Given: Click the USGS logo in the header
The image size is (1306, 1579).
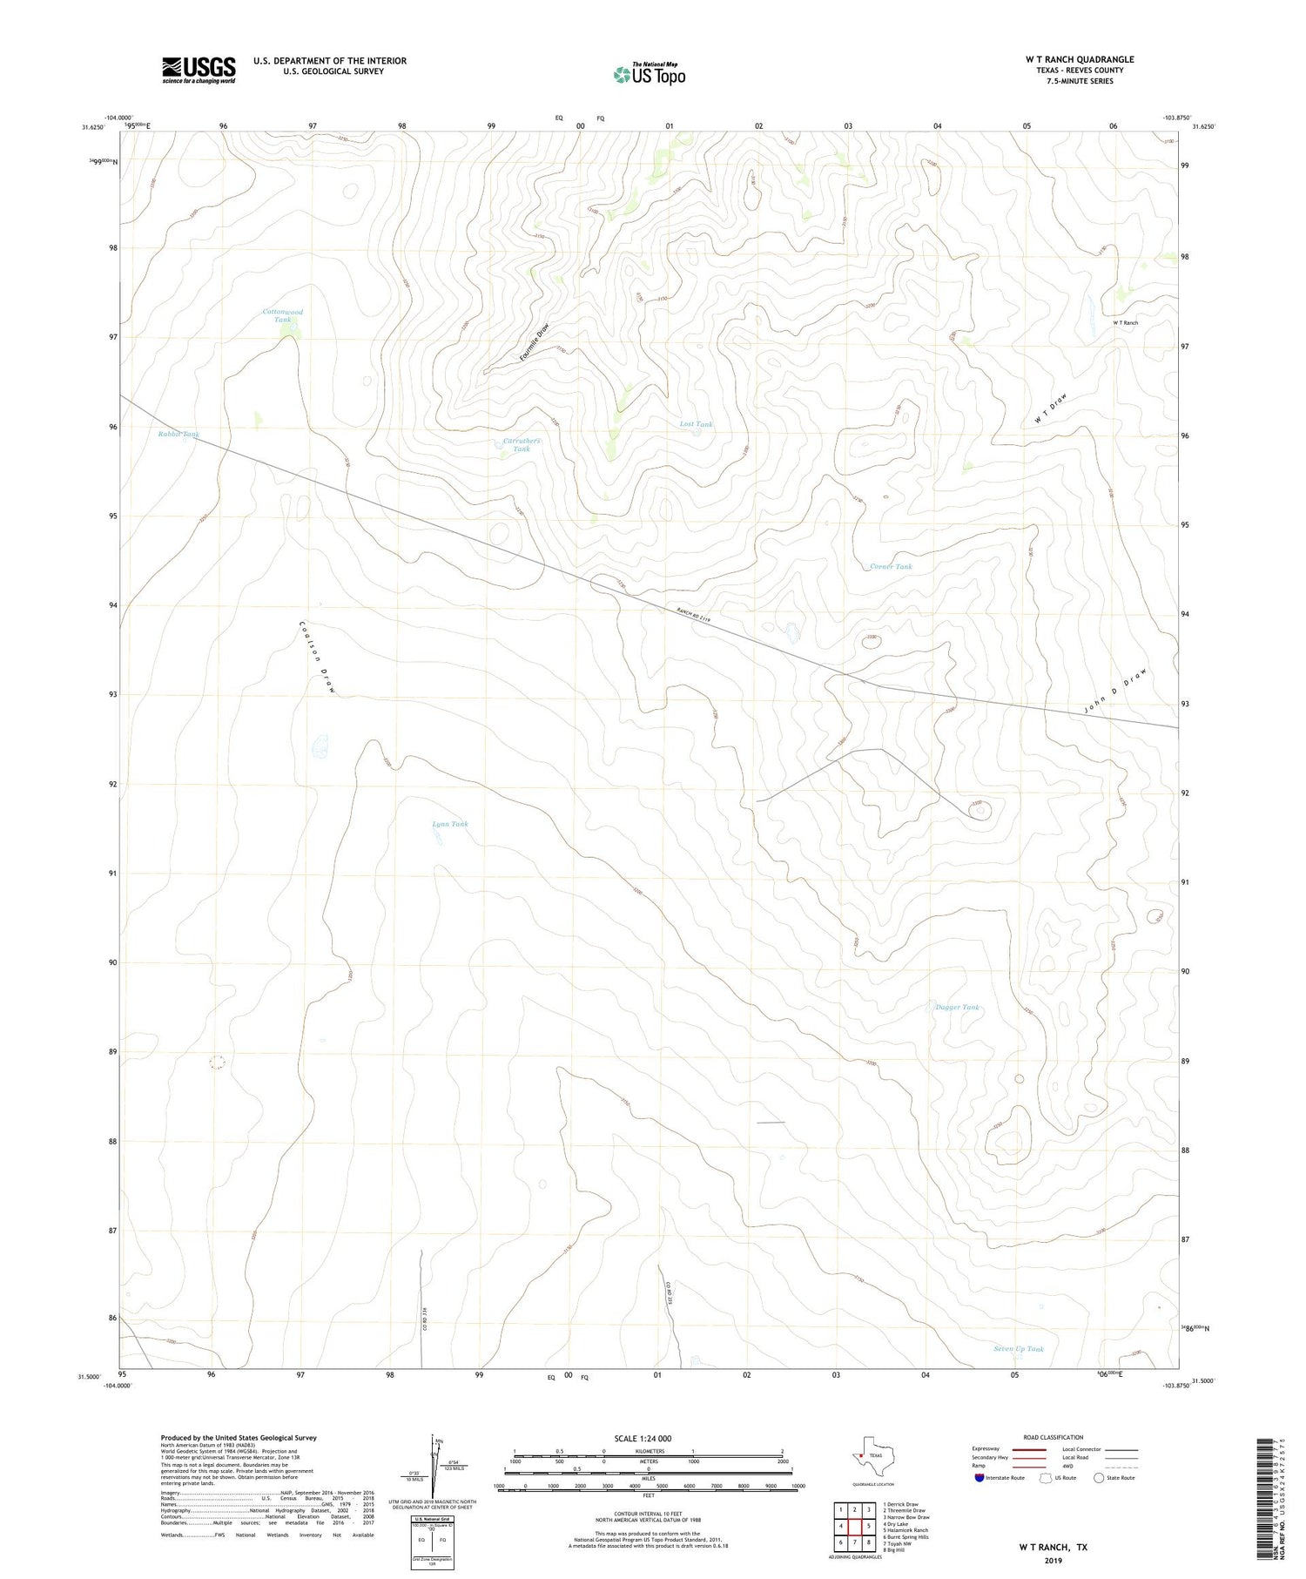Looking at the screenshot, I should pos(199,70).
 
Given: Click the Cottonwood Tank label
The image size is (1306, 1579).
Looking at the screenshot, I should pos(283,316).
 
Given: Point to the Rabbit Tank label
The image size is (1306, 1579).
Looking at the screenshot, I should pos(178,434).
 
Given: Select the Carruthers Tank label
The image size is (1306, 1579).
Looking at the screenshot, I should pos(522,445).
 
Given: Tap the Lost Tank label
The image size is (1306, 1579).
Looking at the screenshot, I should pos(696,424).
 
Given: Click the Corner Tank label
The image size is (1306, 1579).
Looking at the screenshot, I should pos(891,567).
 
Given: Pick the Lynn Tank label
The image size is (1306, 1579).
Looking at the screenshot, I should pos(450,824).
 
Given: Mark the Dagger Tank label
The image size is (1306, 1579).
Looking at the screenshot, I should pos(957,1008).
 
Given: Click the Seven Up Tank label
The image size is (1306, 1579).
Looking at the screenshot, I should pos(1018,1349).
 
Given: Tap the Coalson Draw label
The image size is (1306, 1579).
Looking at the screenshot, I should pos(317,657).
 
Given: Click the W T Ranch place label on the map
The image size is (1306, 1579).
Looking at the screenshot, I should pos(1125,323).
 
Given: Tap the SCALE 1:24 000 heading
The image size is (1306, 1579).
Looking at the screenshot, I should pos(649,1438).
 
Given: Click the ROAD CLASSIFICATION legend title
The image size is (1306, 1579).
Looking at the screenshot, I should pos(1054,1437).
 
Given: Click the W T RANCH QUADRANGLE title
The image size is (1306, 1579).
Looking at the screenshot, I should pos(1080,59).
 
